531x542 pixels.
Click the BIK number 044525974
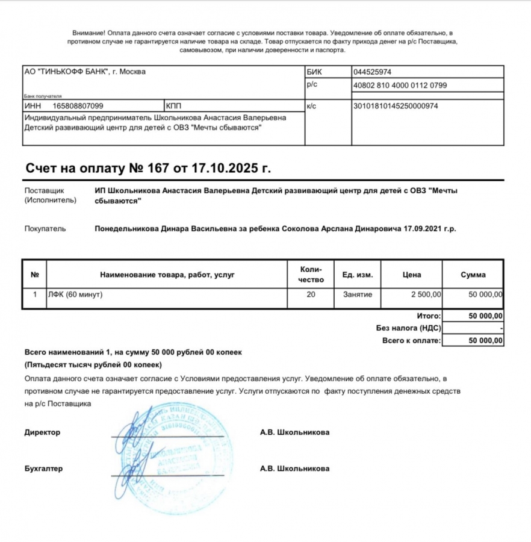click(373, 72)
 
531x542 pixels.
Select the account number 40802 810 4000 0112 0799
click(400, 86)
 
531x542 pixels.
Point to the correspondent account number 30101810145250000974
click(396, 106)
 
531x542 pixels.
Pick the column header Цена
click(412, 275)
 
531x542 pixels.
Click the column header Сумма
click(473, 275)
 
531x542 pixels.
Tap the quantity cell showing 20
click(311, 294)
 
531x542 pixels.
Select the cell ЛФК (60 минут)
click(76, 294)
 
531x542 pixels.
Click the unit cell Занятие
click(358, 294)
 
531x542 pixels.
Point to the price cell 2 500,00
click(426, 294)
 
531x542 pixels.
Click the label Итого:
click(429, 316)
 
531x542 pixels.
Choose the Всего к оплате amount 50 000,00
click(486, 341)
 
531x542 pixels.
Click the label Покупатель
click(45, 229)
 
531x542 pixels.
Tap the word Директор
click(42, 432)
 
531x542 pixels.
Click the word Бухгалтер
click(43, 469)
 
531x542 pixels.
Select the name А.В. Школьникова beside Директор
click(294, 432)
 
